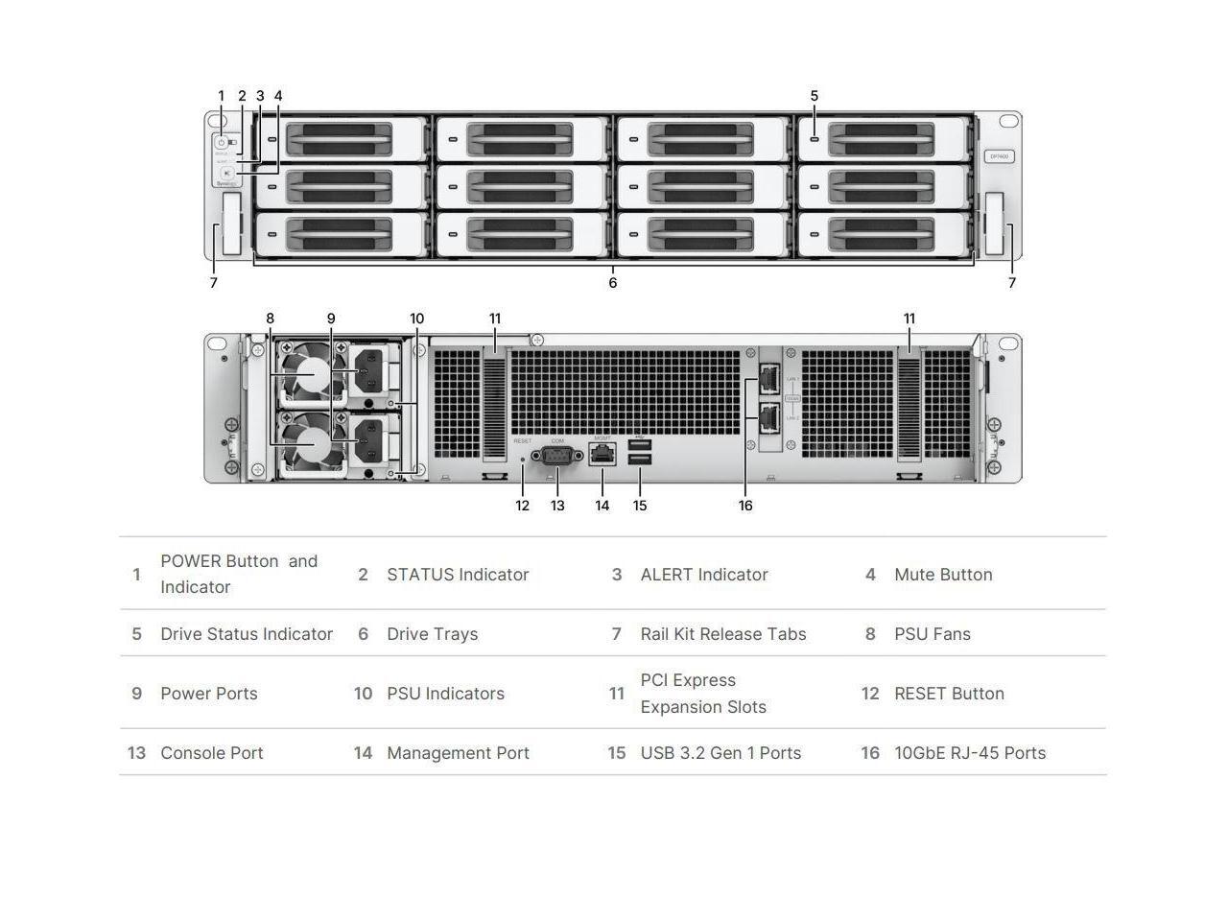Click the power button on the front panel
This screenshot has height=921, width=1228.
point(221,142)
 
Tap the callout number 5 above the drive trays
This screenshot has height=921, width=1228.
point(815,96)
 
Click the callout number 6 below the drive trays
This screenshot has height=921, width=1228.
point(613,283)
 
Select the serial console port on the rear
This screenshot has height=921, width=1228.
point(557,457)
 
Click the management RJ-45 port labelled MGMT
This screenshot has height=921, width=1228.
point(602,456)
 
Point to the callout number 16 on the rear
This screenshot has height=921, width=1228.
point(745,506)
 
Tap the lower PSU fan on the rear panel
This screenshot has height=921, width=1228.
point(312,444)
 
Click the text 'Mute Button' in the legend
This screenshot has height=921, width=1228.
point(943,575)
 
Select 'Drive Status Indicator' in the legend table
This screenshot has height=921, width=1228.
point(247,634)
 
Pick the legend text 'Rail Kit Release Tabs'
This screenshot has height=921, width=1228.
point(723,634)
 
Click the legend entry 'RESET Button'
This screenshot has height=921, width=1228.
point(949,694)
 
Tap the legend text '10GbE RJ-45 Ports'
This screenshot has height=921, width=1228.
point(970,753)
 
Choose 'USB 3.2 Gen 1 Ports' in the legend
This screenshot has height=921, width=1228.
point(720,753)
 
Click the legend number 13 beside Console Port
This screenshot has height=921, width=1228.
point(136,753)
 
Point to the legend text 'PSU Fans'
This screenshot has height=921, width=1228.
point(933,634)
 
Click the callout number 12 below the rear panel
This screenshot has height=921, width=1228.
point(522,506)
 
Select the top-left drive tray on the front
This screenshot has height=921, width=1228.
point(341,139)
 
